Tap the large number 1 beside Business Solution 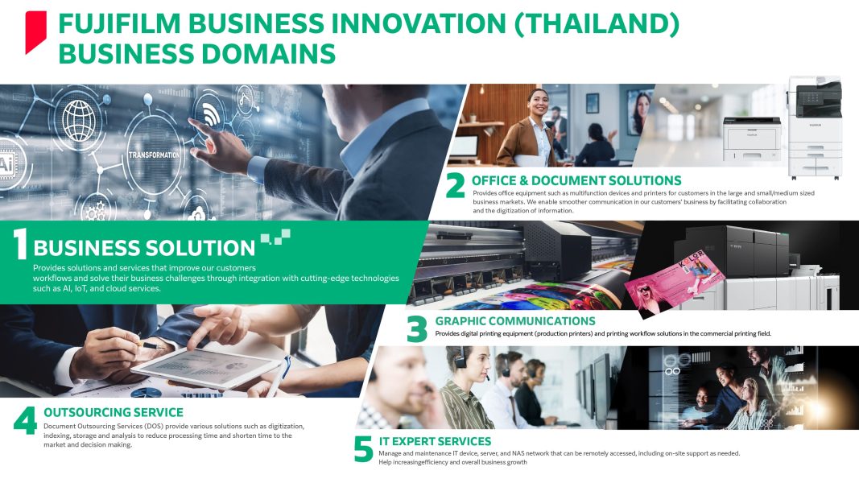tap(19, 244)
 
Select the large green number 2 tap(455, 186)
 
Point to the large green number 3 tap(417, 330)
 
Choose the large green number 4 tap(25, 421)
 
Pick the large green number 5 tap(363, 449)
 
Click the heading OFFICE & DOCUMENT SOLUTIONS tap(576, 180)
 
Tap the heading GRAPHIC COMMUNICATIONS tap(515, 321)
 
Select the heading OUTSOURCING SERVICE tap(114, 412)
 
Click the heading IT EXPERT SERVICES tap(435, 441)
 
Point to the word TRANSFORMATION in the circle tap(154, 155)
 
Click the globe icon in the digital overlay tap(78, 121)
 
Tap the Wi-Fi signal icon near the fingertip tap(212, 114)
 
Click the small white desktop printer tap(752, 139)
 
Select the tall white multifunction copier tap(815, 128)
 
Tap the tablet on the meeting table tap(205, 367)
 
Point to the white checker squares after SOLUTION tap(275, 237)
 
